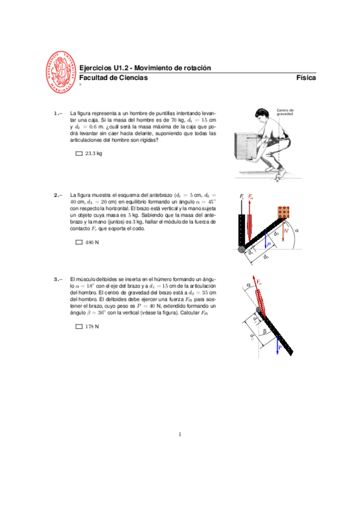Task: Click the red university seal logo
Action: (62, 72)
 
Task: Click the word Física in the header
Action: (306, 78)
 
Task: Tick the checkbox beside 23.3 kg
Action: (79, 154)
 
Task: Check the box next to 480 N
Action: (79, 243)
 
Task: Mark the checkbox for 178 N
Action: (79, 327)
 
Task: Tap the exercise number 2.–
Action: (58, 195)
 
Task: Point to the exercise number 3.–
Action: (58, 279)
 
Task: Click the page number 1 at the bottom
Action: (180, 434)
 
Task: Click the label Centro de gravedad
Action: (284, 112)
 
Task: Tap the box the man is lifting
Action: (248, 146)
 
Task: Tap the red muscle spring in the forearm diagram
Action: (251, 220)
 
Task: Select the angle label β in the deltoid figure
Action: (264, 331)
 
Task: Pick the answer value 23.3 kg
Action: (94, 154)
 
